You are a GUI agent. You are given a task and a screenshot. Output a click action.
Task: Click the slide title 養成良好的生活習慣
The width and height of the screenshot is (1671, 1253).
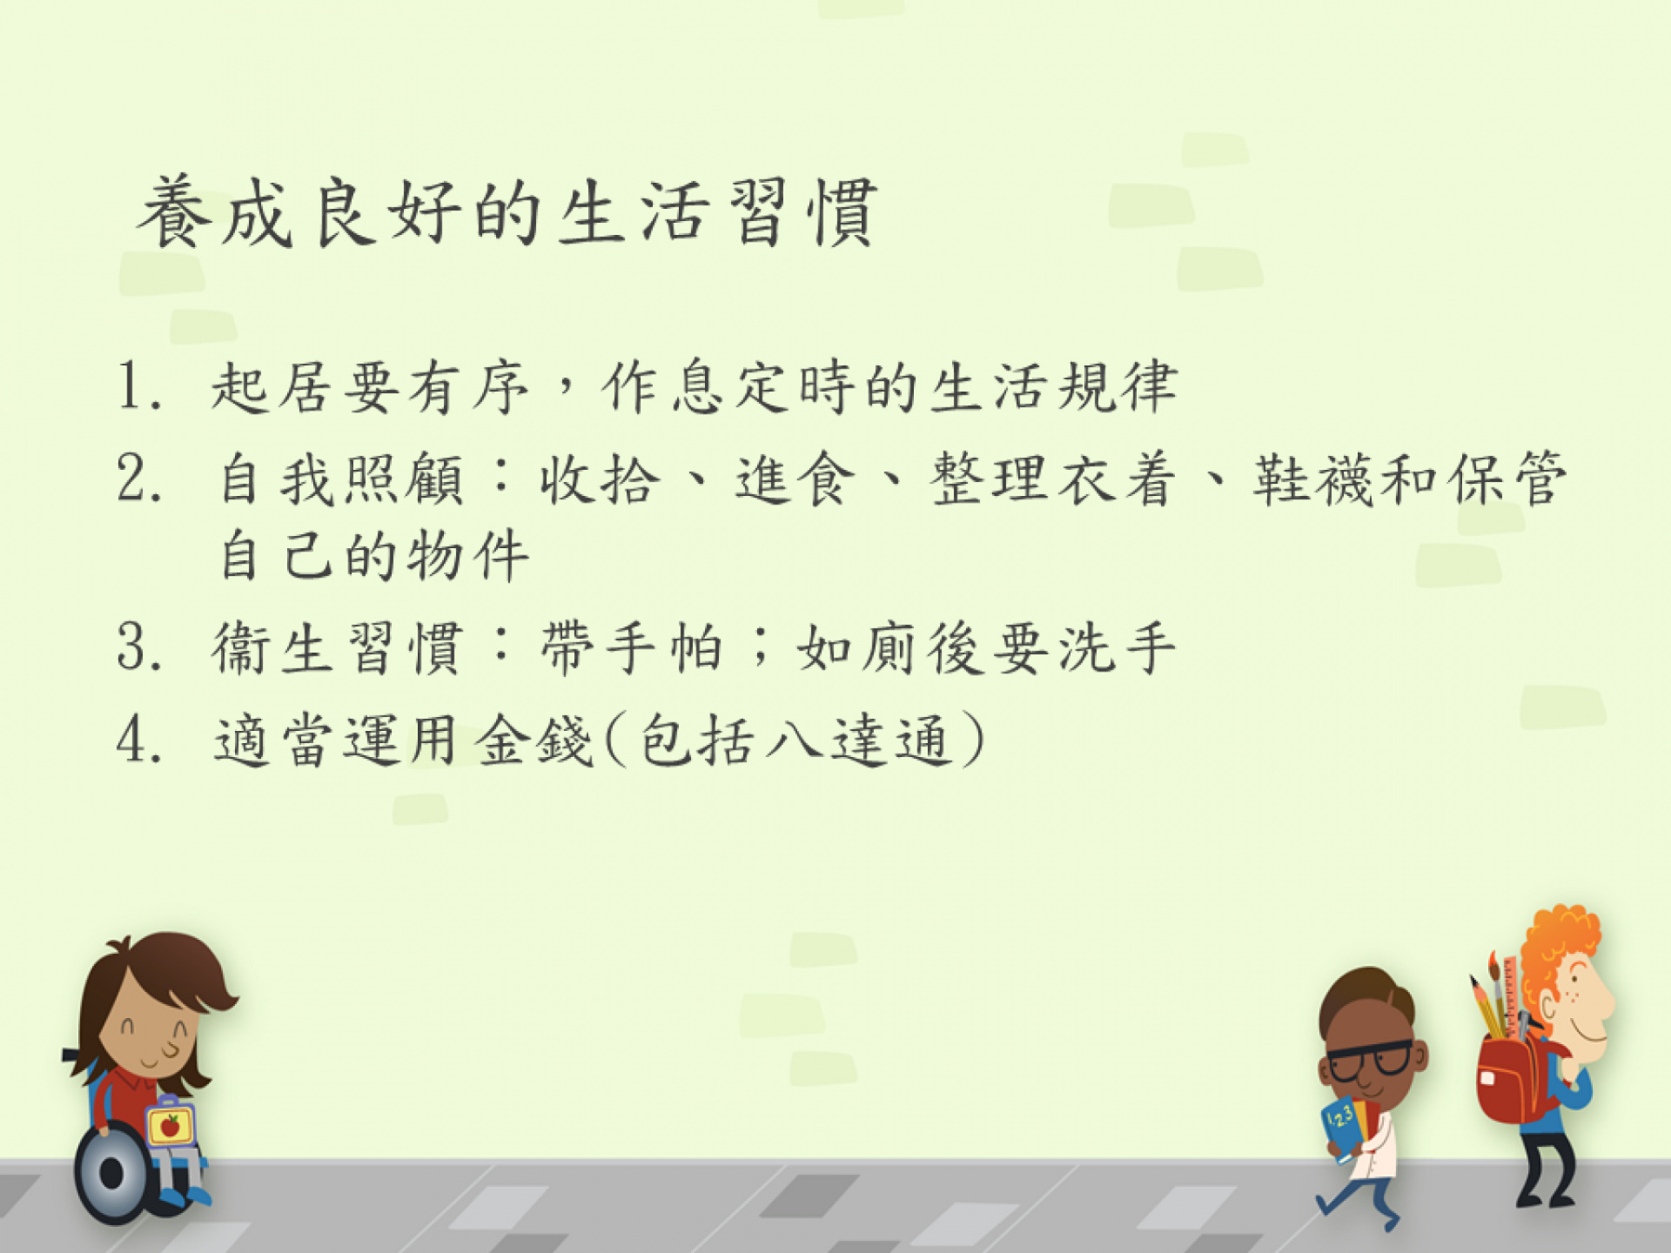pos(507,212)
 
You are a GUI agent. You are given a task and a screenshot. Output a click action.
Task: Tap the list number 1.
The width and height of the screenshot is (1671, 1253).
pos(139,386)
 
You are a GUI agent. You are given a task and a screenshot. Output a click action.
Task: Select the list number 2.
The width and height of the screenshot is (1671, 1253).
pos(139,479)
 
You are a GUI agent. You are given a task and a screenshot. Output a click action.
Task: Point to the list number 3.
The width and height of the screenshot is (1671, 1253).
pos(139,647)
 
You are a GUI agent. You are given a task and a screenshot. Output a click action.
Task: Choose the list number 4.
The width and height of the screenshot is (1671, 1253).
pos(139,740)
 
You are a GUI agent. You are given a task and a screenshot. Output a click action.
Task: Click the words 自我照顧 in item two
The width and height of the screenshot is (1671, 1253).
pos(340,479)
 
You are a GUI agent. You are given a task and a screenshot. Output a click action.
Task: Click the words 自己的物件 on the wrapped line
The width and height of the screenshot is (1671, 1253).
pos(373,554)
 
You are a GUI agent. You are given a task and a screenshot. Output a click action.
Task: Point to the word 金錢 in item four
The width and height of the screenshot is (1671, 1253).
pos(534,740)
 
